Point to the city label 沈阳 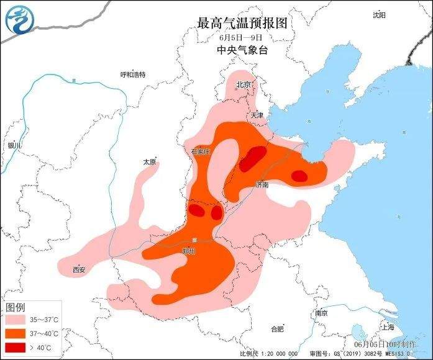pyautogui.click(x=379, y=14)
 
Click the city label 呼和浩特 pyautogui.click(x=133, y=75)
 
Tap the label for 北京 pyautogui.click(x=243, y=84)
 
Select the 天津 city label pyautogui.click(x=257, y=115)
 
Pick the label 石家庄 pyautogui.click(x=201, y=151)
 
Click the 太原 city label pyautogui.click(x=149, y=161)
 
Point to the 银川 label pyautogui.click(x=15, y=145)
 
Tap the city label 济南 pyautogui.click(x=262, y=184)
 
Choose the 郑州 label pyautogui.click(x=189, y=251)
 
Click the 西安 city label pyautogui.click(x=79, y=269)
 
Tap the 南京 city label pyautogui.click(x=321, y=313)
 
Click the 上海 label pyautogui.click(x=388, y=326)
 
